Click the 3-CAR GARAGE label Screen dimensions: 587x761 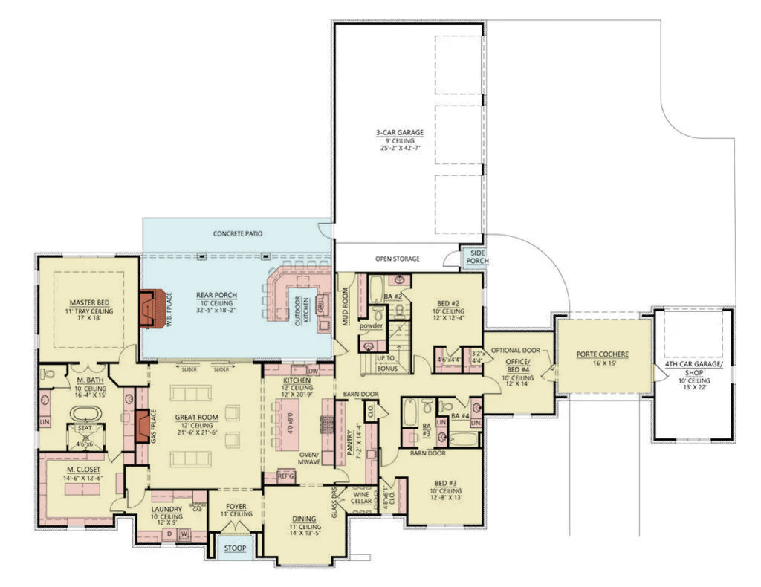399,133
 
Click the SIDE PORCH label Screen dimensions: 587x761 473,257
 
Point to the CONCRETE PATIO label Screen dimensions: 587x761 237,233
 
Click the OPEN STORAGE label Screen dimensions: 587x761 397,259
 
